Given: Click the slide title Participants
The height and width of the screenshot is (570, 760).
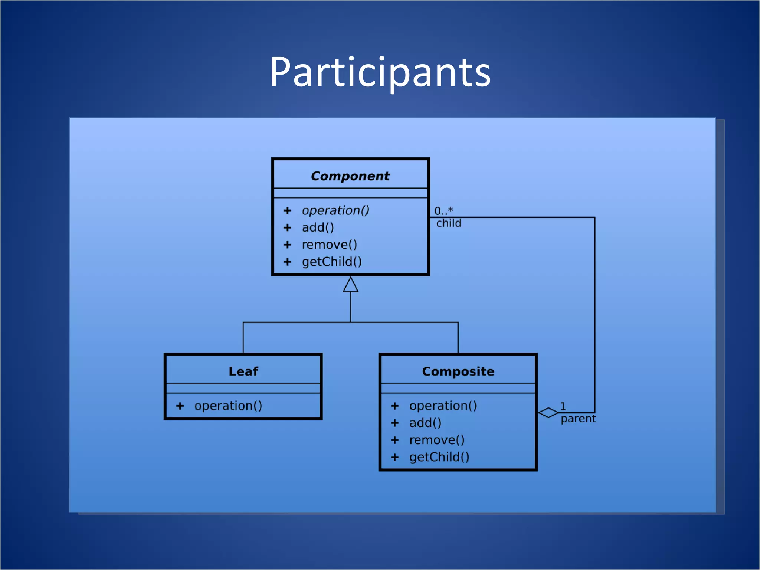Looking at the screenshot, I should (x=380, y=72).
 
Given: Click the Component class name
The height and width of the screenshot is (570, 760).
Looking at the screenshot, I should (x=350, y=176).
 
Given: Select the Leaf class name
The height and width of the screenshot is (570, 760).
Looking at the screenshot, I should (x=243, y=371).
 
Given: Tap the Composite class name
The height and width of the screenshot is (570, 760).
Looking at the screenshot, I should (x=458, y=371).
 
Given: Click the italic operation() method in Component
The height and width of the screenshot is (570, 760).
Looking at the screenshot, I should (x=335, y=210).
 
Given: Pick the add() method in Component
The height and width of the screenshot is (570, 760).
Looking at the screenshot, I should (x=318, y=227).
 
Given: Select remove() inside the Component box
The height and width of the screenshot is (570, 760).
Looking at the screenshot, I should (x=329, y=245).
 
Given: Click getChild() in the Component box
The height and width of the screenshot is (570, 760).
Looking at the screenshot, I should (x=331, y=262).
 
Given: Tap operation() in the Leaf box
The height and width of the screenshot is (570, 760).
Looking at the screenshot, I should (x=228, y=406).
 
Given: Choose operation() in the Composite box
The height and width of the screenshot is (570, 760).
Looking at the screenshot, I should (x=443, y=406).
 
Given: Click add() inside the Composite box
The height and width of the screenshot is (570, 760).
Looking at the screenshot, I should (x=425, y=423).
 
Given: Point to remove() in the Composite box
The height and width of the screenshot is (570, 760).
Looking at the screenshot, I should (x=437, y=440).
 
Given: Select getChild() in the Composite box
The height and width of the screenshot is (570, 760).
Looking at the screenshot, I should (x=439, y=457).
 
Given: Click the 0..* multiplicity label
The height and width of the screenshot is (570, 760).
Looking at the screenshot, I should (x=443, y=211).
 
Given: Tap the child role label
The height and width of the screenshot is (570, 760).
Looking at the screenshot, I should (x=448, y=223).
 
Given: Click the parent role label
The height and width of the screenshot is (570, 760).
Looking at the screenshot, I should (x=578, y=419).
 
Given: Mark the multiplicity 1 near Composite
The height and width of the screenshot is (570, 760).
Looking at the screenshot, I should (x=563, y=406).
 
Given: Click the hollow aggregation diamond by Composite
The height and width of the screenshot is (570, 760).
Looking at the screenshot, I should (x=548, y=413).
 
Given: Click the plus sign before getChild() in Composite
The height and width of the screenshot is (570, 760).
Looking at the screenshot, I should (x=394, y=457).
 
